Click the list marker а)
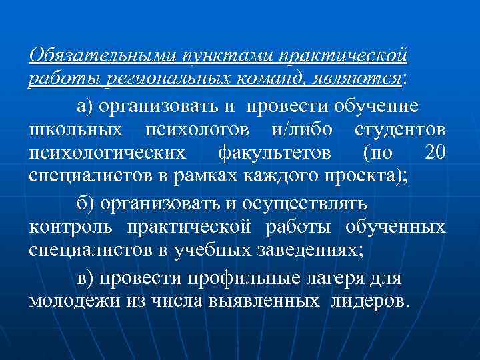[85, 105]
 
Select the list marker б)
[85, 203]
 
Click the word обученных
[396, 227]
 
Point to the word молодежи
[75, 301]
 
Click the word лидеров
[367, 301]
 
